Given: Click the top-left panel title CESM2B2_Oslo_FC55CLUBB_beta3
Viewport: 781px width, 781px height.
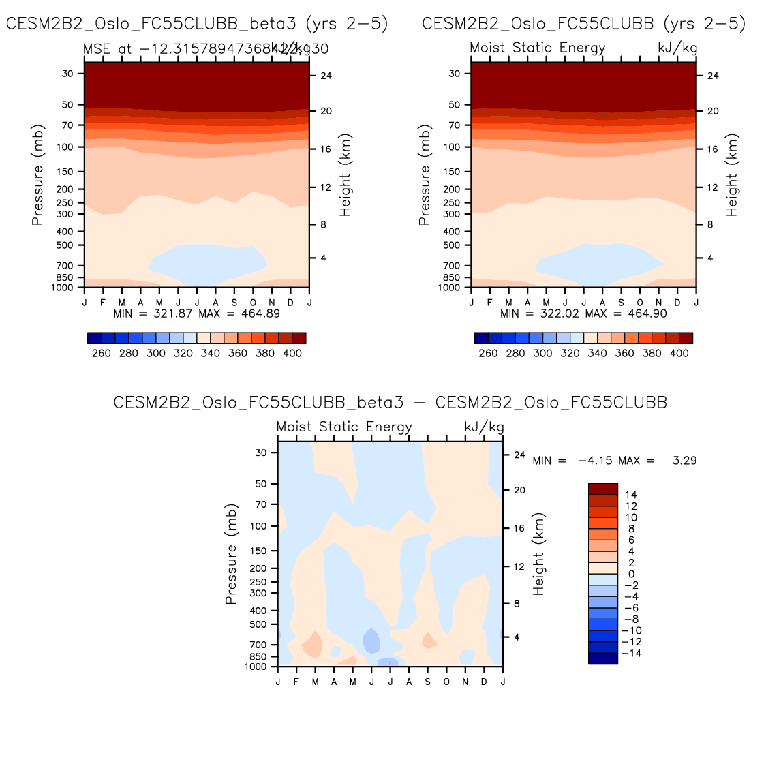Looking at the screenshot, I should [197, 24].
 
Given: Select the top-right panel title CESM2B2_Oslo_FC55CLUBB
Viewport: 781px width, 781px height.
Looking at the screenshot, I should [583, 24].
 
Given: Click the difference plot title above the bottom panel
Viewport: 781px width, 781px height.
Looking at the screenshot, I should [390, 403].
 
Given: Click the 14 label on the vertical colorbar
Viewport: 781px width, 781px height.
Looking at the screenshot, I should [630, 495].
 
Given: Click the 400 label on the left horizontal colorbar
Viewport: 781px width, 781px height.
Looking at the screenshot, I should [292, 353].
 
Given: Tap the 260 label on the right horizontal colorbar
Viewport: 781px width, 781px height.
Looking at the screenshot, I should [488, 353].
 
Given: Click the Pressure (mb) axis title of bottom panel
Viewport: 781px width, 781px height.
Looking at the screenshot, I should [231, 554].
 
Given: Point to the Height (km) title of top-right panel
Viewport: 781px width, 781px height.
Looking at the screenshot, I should [732, 175].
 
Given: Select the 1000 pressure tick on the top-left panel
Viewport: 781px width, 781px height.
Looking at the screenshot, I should [63, 288].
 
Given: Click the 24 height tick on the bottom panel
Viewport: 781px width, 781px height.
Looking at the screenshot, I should [519, 455].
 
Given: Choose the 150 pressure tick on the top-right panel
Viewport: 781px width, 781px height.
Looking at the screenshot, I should [454, 172].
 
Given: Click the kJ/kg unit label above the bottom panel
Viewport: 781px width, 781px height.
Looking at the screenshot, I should [484, 427].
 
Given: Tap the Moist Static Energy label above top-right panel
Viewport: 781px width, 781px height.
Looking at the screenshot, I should [537, 48].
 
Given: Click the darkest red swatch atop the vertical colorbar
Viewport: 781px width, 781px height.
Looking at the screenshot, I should [602, 489].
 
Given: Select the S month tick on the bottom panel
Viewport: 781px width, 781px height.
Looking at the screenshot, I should [428, 682].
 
